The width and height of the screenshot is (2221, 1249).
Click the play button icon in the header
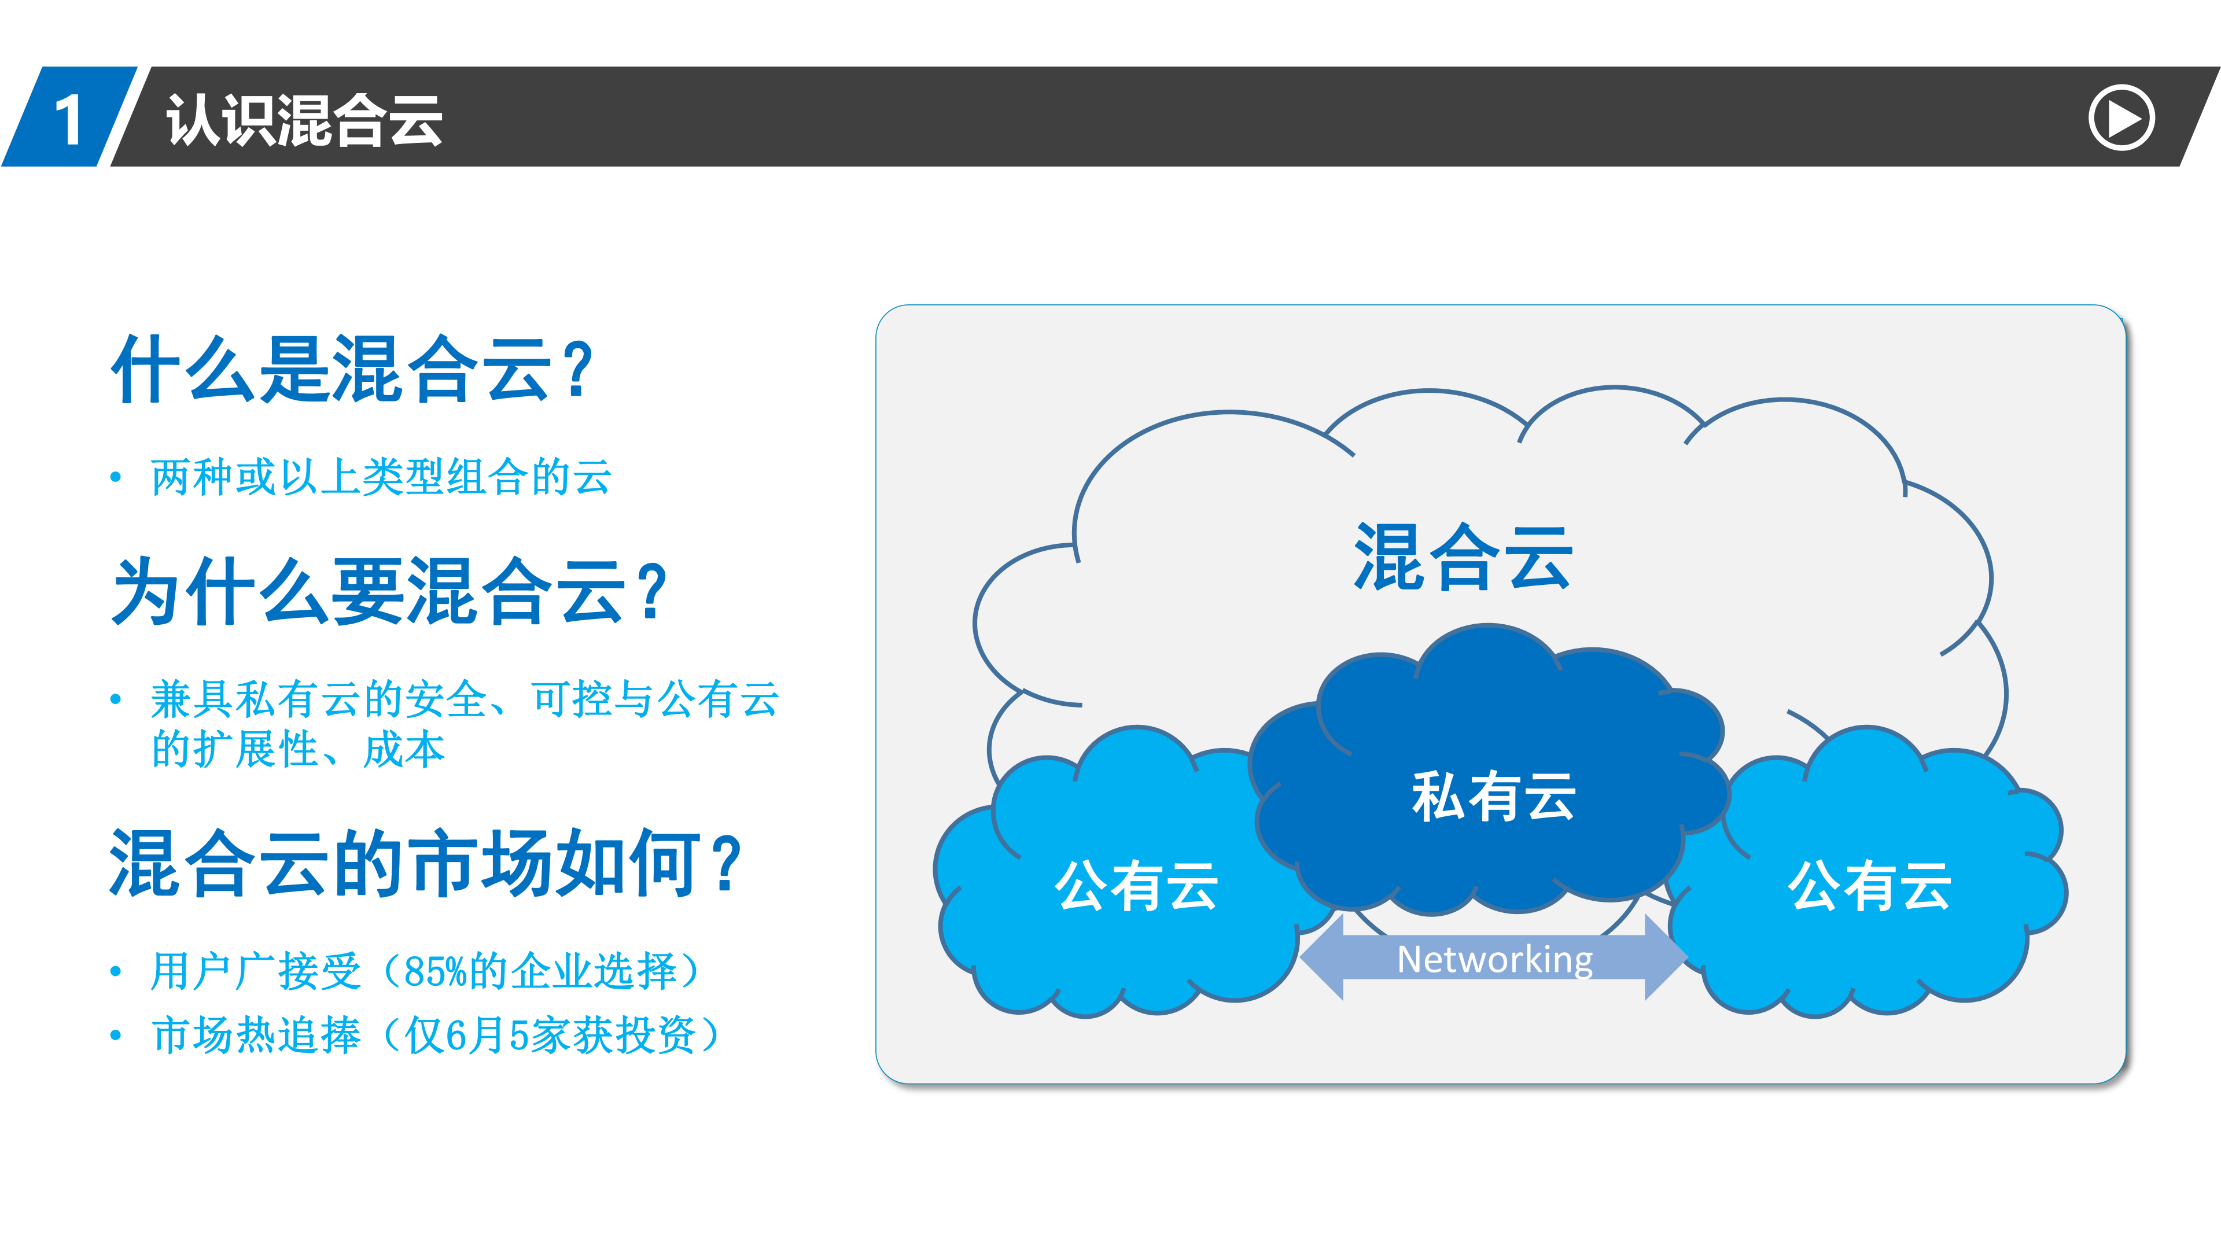2120,118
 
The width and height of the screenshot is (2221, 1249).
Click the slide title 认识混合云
304,120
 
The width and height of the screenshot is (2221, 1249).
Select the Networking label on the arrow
1494,959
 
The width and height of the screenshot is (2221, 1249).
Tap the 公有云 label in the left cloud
1136,885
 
